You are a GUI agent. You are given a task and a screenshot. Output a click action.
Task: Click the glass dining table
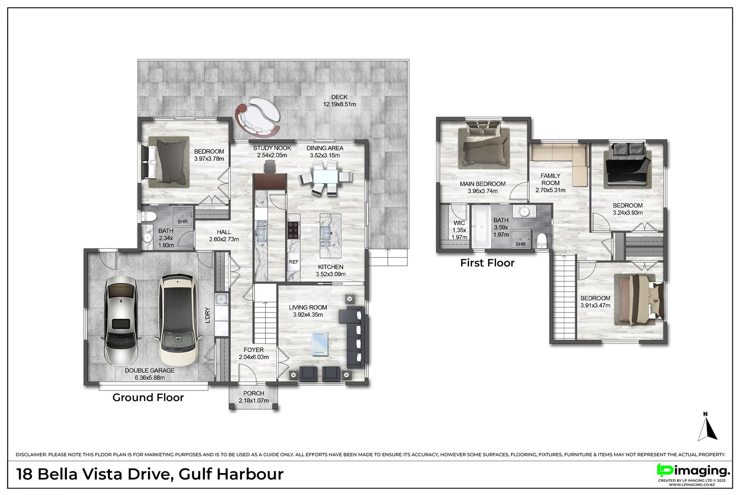coord(326,178)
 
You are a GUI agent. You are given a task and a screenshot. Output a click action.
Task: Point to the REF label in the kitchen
coord(294,262)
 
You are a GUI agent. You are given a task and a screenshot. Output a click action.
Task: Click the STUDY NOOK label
coord(272,148)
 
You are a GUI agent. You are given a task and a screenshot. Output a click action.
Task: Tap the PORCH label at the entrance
coord(254,393)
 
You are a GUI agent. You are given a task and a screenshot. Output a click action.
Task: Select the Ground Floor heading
coord(148,397)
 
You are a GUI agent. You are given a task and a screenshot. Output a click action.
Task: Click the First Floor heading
coord(487,263)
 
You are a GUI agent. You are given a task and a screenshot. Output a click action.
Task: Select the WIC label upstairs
coord(459,223)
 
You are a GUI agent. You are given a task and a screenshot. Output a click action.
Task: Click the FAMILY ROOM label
coord(551,179)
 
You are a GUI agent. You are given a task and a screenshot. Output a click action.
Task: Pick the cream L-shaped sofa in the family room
coord(560,163)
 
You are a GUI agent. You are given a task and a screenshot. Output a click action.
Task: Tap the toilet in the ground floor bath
coord(148,217)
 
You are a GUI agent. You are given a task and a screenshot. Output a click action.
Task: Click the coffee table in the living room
coord(320,343)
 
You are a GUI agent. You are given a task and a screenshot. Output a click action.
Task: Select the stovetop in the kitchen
coord(294,230)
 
